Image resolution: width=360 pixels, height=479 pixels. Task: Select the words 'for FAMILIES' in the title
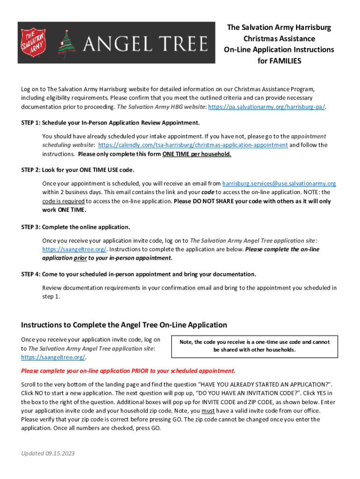coord(279,61)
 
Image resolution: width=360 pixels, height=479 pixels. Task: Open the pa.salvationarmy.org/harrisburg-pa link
coord(266,107)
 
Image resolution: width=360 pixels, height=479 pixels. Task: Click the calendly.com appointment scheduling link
coord(193,145)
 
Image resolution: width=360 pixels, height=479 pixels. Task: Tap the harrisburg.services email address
coord(279,183)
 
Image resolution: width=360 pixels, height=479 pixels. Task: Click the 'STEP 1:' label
coord(31,123)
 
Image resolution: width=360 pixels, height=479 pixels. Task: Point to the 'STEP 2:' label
coord(31,170)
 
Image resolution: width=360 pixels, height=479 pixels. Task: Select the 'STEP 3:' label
coord(31,227)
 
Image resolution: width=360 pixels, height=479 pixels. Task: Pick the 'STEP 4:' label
coord(31,274)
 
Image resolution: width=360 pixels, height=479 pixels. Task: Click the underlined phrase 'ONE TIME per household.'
coord(197,154)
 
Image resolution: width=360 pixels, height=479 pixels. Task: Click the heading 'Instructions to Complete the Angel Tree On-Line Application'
coord(124,325)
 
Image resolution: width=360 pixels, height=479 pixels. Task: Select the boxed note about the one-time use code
coord(255,346)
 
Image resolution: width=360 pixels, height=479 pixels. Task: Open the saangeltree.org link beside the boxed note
coord(53,357)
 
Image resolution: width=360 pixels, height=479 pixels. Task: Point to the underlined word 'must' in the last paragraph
coord(208,411)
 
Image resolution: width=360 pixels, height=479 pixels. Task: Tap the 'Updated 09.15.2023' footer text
coord(48,454)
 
